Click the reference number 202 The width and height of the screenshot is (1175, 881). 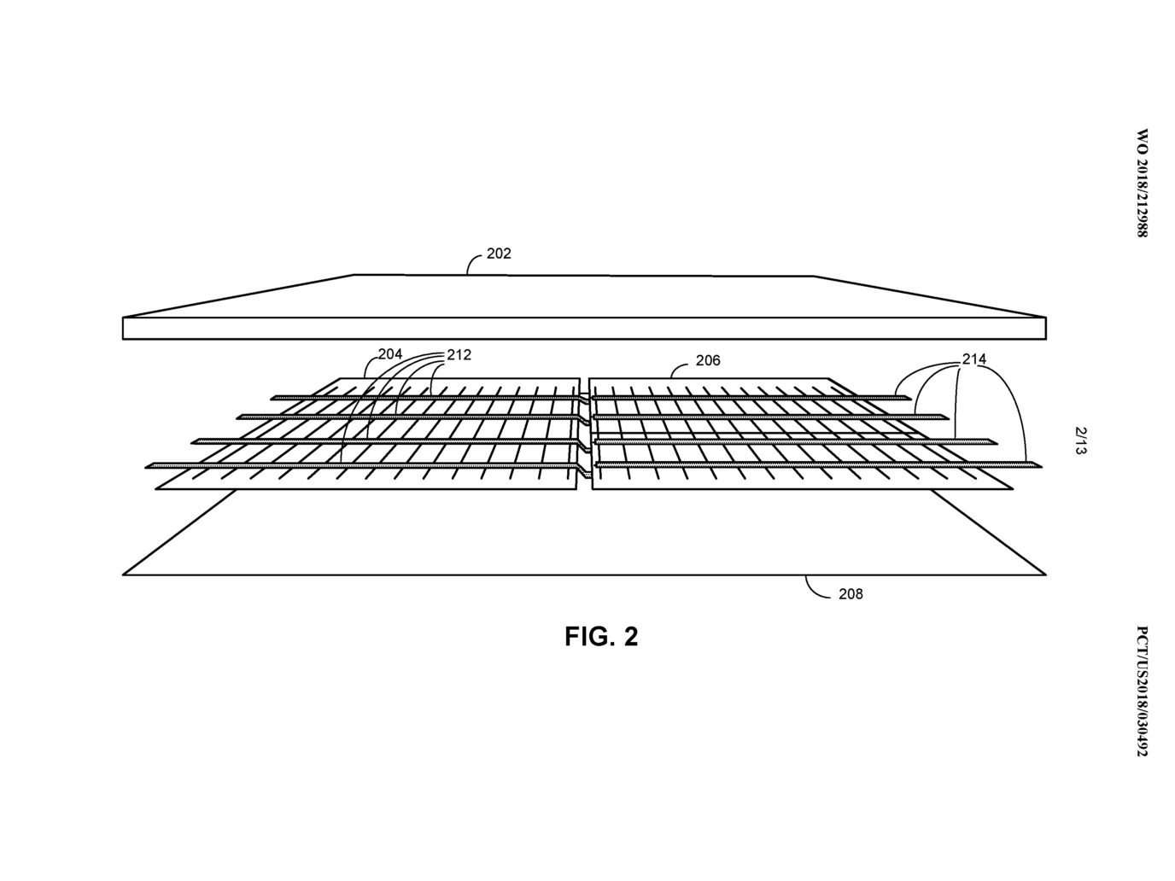point(499,253)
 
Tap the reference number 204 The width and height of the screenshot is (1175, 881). point(390,353)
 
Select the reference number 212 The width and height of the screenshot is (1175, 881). point(459,355)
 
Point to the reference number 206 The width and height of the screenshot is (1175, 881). point(708,360)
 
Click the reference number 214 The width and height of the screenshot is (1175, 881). point(974,359)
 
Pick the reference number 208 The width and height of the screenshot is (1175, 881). point(851,594)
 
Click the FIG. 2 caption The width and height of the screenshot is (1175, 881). point(601,637)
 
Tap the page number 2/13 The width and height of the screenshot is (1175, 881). point(1080,440)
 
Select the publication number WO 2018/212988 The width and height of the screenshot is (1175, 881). point(1141,183)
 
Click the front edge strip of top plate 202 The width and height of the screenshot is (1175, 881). point(584,329)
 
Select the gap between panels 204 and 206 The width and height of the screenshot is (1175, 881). point(584,434)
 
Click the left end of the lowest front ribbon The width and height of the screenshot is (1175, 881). point(146,467)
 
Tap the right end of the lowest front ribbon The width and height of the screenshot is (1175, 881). point(1041,466)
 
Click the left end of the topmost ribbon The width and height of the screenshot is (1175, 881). point(272,398)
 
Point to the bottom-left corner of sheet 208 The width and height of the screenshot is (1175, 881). point(123,575)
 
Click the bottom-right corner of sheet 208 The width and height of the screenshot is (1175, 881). point(1046,575)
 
